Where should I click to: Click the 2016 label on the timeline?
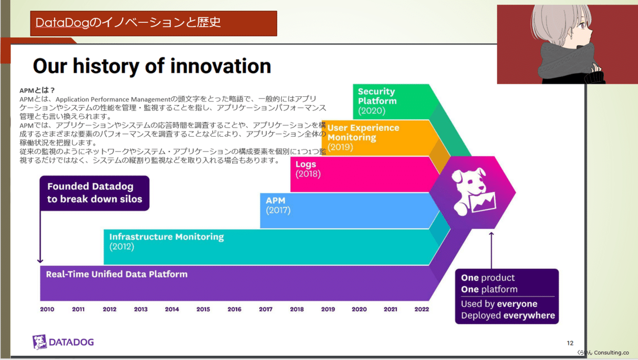[234, 309]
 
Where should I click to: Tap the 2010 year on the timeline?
[47, 309]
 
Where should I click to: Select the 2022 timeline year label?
[422, 309]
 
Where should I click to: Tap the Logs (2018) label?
[308, 169]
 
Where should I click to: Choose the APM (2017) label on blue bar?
[278, 205]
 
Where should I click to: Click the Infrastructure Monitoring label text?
[166, 237]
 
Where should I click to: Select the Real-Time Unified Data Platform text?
[117, 274]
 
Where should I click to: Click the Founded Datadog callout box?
[95, 193]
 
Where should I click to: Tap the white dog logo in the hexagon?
[473, 191]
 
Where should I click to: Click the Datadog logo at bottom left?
[63, 342]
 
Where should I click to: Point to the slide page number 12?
[570, 343]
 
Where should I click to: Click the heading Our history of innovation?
[152, 66]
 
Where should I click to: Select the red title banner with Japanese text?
[154, 23]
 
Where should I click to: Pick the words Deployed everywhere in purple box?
[508, 315]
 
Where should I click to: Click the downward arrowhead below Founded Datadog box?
[40, 261]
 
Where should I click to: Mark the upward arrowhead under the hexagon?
[491, 234]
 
